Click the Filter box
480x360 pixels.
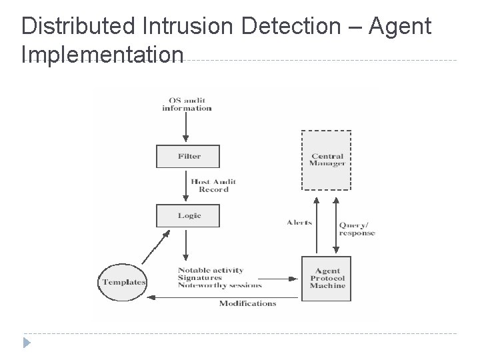point(189,156)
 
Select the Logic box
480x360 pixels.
point(189,215)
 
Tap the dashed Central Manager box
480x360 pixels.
point(327,160)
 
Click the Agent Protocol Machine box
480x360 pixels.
point(327,278)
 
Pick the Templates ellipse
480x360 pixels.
point(124,282)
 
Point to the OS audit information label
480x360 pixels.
point(187,104)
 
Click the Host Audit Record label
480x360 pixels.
point(213,185)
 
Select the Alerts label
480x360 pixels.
point(299,223)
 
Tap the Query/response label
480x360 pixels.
point(357,229)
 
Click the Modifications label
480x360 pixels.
point(247,303)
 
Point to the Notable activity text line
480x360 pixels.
point(211,270)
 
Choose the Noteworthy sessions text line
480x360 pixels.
point(219,285)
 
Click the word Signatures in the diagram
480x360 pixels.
point(200,278)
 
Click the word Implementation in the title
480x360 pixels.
point(101,54)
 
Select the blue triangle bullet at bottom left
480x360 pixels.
point(26,344)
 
